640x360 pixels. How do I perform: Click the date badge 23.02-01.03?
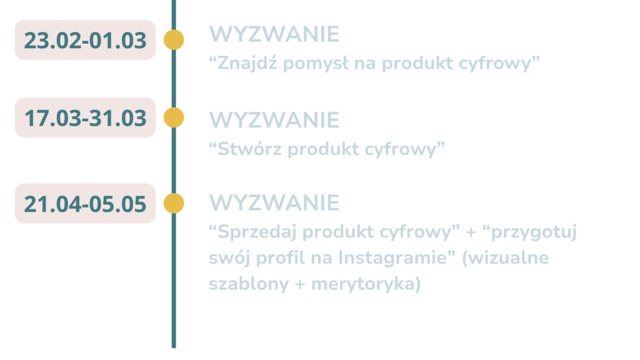click(x=85, y=40)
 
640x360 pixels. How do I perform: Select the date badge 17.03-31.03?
click(x=85, y=117)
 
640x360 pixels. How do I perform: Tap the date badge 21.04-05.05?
click(x=85, y=203)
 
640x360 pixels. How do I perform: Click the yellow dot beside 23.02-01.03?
click(x=174, y=40)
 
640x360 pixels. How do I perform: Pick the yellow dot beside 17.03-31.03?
click(x=174, y=117)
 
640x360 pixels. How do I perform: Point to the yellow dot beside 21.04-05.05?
click(x=174, y=203)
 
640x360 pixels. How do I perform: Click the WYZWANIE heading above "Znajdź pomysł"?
click(x=274, y=34)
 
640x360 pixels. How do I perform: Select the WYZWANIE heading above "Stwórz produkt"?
click(x=274, y=120)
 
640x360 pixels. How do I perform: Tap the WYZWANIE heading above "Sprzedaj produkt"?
click(x=274, y=203)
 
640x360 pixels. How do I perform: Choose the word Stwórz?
click(x=249, y=149)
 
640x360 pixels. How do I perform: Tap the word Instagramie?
click(x=392, y=258)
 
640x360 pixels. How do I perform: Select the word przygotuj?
click(x=534, y=232)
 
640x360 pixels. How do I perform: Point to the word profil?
click(x=281, y=258)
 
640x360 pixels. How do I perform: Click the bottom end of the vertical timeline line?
click(x=174, y=347)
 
